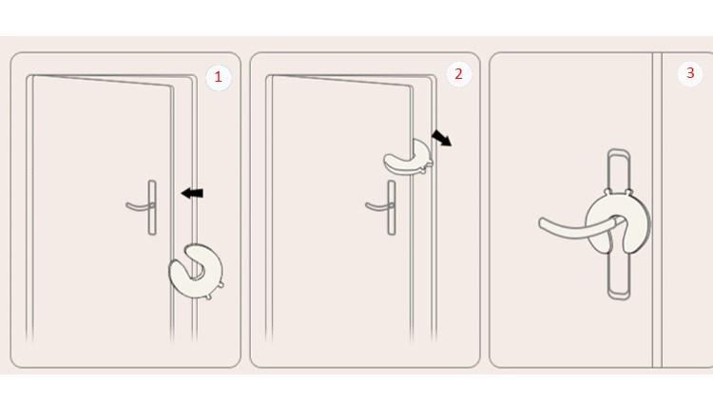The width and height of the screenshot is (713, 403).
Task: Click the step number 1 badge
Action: (219, 77)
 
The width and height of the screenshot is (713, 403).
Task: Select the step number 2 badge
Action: (458, 74)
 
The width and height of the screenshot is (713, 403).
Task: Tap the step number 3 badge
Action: (690, 73)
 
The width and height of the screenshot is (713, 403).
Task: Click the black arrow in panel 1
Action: (192, 193)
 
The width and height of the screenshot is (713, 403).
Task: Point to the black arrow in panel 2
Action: (441, 138)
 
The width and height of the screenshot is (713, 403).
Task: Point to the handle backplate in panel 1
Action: (152, 207)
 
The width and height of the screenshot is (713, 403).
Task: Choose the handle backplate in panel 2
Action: (392, 207)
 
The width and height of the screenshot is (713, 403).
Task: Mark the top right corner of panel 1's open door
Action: (173, 86)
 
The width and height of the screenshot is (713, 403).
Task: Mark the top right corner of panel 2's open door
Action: (413, 86)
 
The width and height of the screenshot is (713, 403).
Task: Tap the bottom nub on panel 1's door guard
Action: (208, 297)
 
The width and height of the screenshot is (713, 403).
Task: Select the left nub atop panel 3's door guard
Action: (607, 191)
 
